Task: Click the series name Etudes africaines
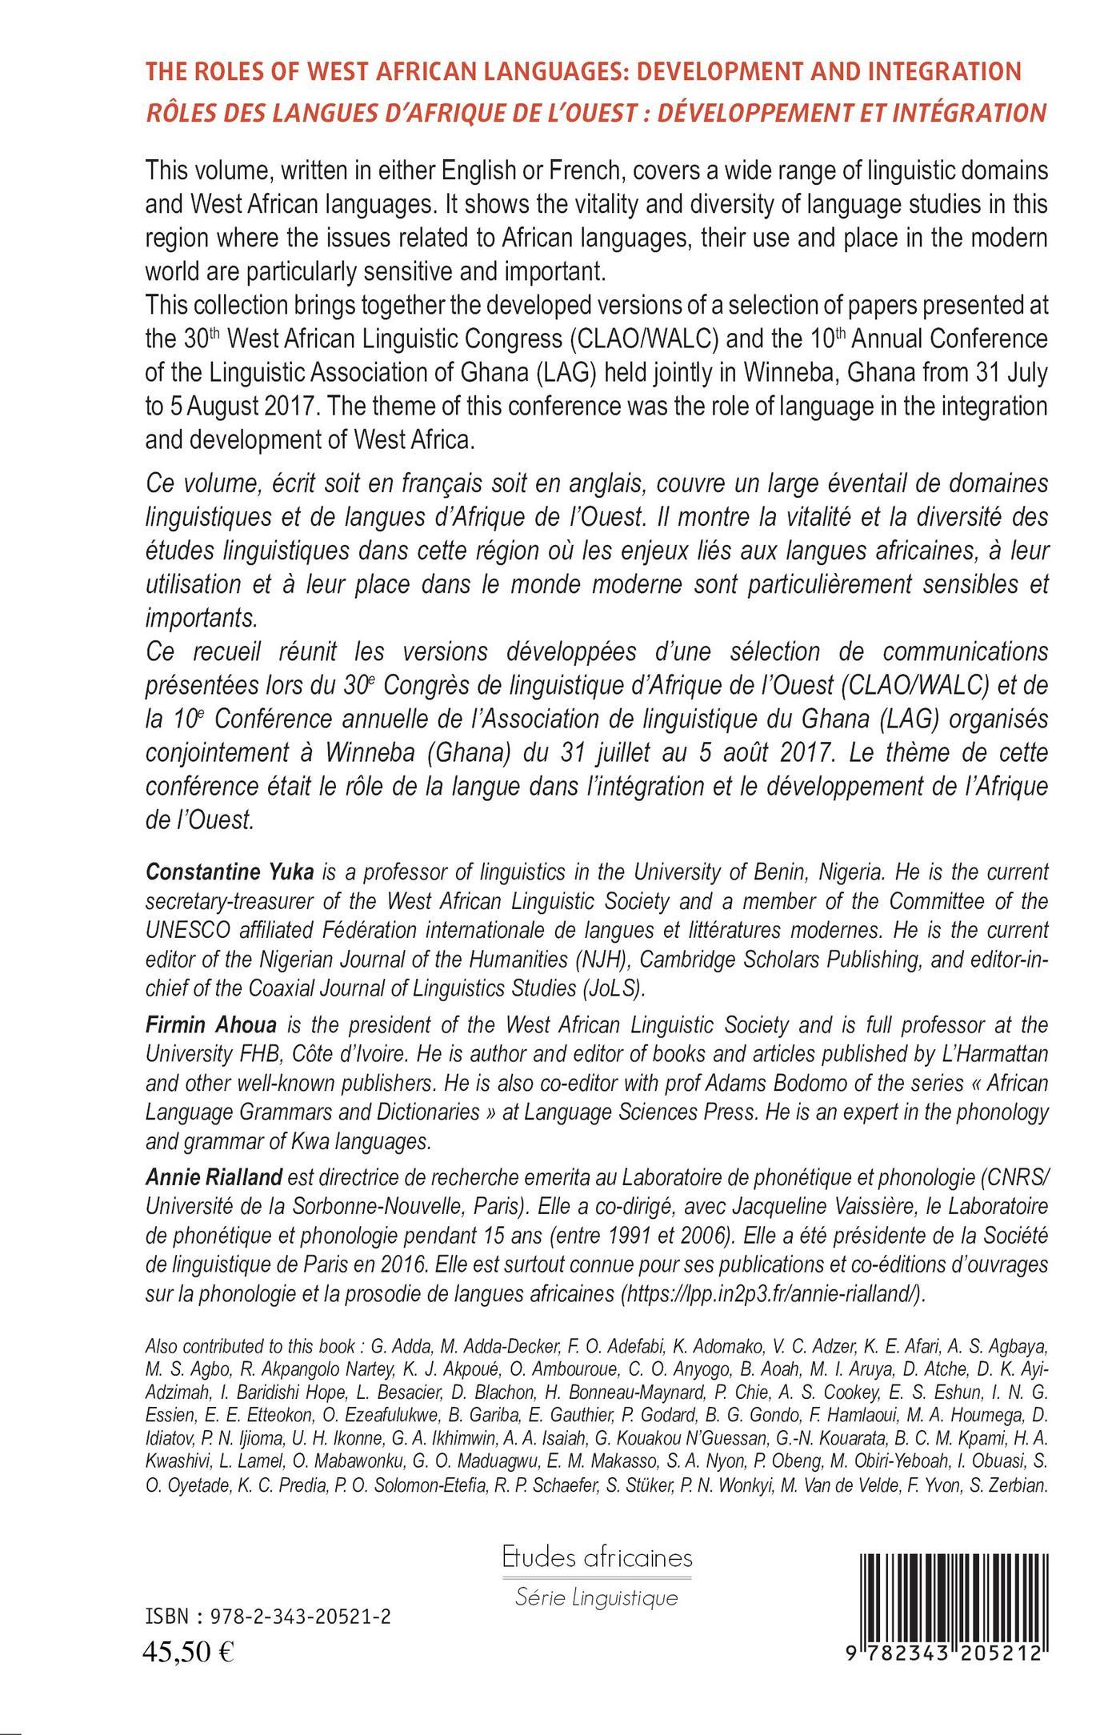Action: point(597,1557)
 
